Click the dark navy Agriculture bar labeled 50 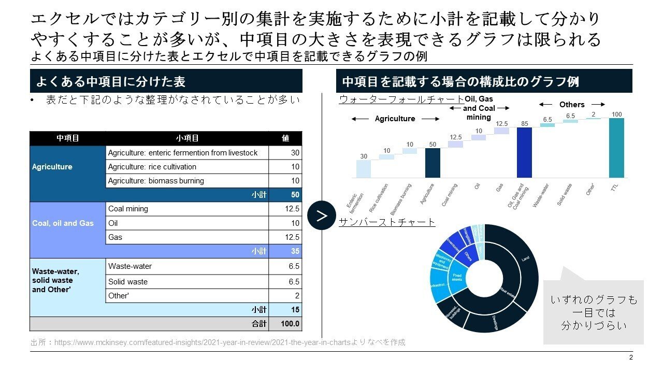coord(433,163)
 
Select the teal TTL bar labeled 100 coord(616,148)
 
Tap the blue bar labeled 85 coord(524,152)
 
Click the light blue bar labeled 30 coord(364,168)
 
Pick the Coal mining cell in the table coord(187,209)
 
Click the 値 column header coord(285,138)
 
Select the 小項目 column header coord(187,138)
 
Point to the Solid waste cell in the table coord(187,282)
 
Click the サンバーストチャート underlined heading coord(387,222)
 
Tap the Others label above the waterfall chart coord(572,105)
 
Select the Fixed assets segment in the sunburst coord(457,278)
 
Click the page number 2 coord(631,358)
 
